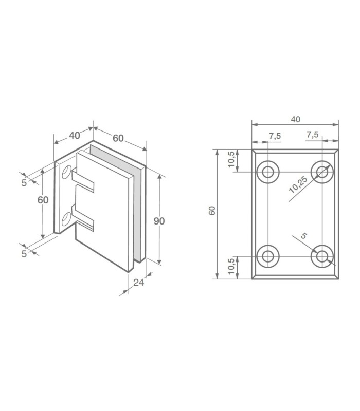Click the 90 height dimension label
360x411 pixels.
tap(159, 221)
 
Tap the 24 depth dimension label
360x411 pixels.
tap(138, 283)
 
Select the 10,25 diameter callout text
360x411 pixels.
tap(298, 184)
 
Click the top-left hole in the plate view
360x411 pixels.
tap(267, 172)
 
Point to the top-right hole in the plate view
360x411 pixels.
tap(322, 172)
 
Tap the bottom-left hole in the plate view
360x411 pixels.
tap(267, 256)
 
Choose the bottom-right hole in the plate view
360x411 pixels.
tap(322, 256)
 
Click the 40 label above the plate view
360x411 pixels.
tap(295, 119)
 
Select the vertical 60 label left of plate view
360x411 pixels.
tap(212, 211)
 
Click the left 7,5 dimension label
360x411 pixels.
tap(275, 136)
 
